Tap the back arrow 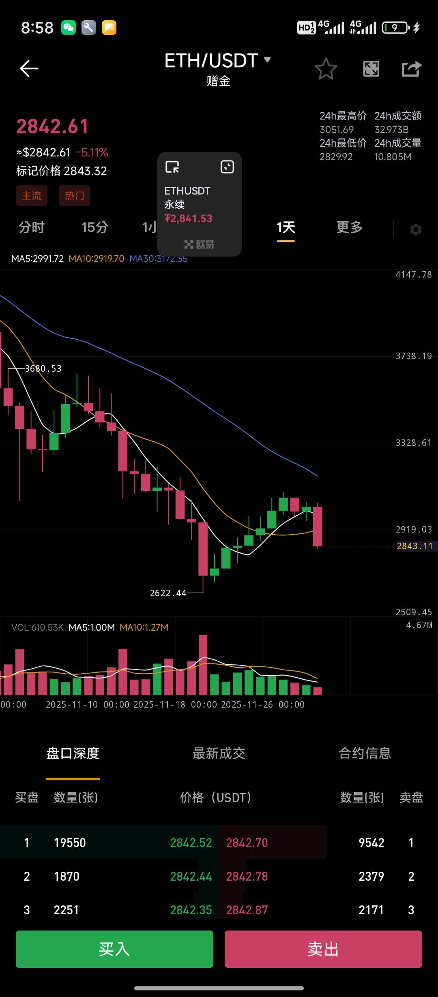coord(29,68)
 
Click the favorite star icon coord(326,69)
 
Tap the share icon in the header coord(411,69)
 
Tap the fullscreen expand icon coord(371,69)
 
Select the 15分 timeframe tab coord(94,227)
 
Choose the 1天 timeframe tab coord(286,227)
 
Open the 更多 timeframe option coord(349,227)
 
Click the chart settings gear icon coord(416,230)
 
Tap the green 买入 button coord(114,949)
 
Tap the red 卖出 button coord(323,949)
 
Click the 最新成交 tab coord(219,753)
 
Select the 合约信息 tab coord(365,753)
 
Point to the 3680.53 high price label coord(43,368)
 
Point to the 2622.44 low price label coord(168,593)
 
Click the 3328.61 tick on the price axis coord(414,443)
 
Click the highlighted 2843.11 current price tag coord(414,546)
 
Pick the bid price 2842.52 coord(191,843)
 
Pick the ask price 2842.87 coord(247,910)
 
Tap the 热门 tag coord(74,196)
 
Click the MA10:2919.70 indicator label coord(97,259)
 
